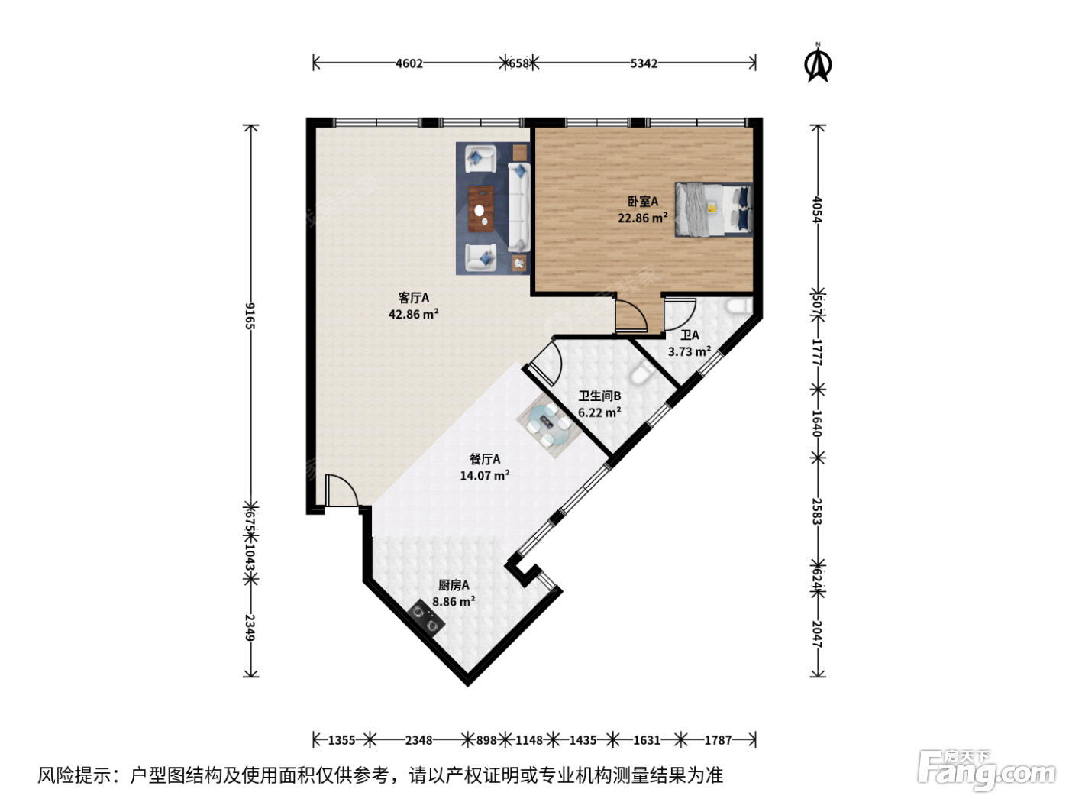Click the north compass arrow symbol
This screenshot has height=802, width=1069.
pos(818,63)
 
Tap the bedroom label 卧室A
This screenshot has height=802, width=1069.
pos(642,201)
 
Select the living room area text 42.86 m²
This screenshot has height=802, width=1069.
pos(413,314)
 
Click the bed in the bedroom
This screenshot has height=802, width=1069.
pos(713,209)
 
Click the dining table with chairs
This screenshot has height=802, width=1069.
pos(549,425)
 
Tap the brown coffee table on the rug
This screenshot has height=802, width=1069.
pos(481,209)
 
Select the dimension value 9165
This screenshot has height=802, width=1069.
pos(250,315)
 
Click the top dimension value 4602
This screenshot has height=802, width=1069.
pos(409,63)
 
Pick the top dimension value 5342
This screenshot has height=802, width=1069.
pos(644,63)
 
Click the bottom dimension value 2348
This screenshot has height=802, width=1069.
pos(418,740)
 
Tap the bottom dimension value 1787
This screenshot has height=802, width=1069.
pos(718,740)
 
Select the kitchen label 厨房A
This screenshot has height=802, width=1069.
pos(454,585)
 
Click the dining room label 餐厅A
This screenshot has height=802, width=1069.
pos(485,459)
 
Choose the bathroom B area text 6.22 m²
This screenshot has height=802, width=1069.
pos(599,412)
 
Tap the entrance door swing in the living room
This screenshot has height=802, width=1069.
pos(341,490)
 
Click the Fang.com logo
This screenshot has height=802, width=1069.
pos(986,771)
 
